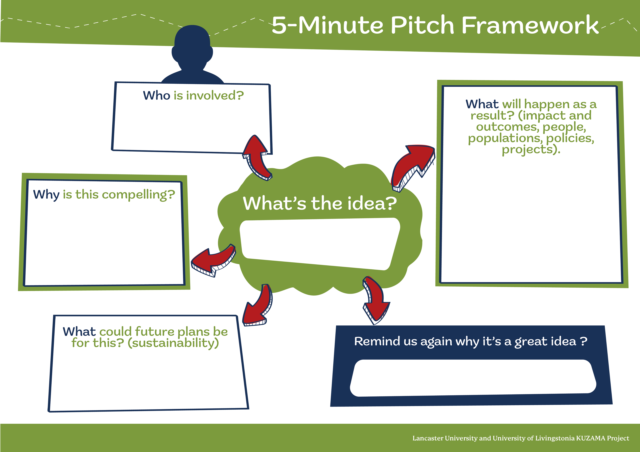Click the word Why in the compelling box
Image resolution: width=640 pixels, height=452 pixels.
click(x=46, y=195)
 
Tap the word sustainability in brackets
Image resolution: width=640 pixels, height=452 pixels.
click(x=173, y=343)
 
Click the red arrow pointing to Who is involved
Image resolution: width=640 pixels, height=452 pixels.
click(x=256, y=157)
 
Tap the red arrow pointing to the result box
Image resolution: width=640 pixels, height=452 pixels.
click(x=412, y=167)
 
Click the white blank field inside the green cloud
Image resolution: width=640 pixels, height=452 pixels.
click(x=319, y=244)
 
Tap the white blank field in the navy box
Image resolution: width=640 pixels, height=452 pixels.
click(x=472, y=378)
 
